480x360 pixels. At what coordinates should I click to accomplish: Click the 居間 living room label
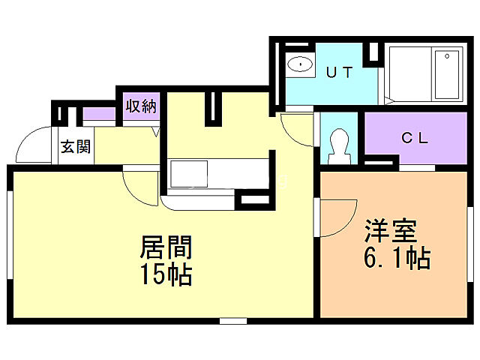coord(166,248)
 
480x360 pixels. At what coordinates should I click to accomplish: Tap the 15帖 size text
coord(166,275)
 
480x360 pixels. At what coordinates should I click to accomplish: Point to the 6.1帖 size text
coord(397,259)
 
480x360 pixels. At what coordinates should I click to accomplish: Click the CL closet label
coord(415,138)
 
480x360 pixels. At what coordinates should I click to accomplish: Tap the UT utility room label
coord(339,73)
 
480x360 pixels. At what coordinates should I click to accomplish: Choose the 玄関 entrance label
coord(75,147)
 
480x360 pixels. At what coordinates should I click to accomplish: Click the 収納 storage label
coord(140,106)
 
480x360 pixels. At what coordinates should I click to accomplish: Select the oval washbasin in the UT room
coord(300,64)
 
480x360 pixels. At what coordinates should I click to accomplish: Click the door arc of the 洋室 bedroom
coord(337,218)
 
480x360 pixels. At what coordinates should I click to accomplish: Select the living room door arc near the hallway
coord(139,186)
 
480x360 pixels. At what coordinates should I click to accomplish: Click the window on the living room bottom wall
coord(233,321)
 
